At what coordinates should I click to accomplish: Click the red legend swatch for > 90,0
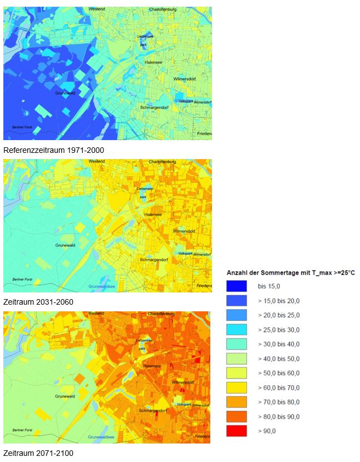click(x=236, y=430)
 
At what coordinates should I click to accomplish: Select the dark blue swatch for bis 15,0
click(x=236, y=286)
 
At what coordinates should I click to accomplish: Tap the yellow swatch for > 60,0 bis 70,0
click(x=236, y=388)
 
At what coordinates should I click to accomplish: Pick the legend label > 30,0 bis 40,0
click(x=279, y=344)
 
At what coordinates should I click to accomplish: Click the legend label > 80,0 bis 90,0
click(x=279, y=416)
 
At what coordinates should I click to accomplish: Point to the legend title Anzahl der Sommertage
click(x=290, y=272)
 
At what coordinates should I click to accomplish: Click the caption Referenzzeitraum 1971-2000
click(x=53, y=150)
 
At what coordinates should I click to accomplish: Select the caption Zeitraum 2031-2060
click(x=38, y=302)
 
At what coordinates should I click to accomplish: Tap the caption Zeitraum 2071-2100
click(x=38, y=453)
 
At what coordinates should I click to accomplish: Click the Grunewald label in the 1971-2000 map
click(x=65, y=93)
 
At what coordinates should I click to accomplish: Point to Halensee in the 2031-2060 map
click(x=152, y=214)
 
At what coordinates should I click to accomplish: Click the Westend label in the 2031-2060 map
click(x=96, y=161)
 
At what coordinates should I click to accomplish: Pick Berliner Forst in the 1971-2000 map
click(x=24, y=127)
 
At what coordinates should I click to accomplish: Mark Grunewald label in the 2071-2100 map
click(x=65, y=396)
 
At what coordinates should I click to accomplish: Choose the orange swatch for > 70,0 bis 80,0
click(x=236, y=402)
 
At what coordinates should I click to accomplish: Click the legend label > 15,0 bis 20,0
click(x=279, y=301)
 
